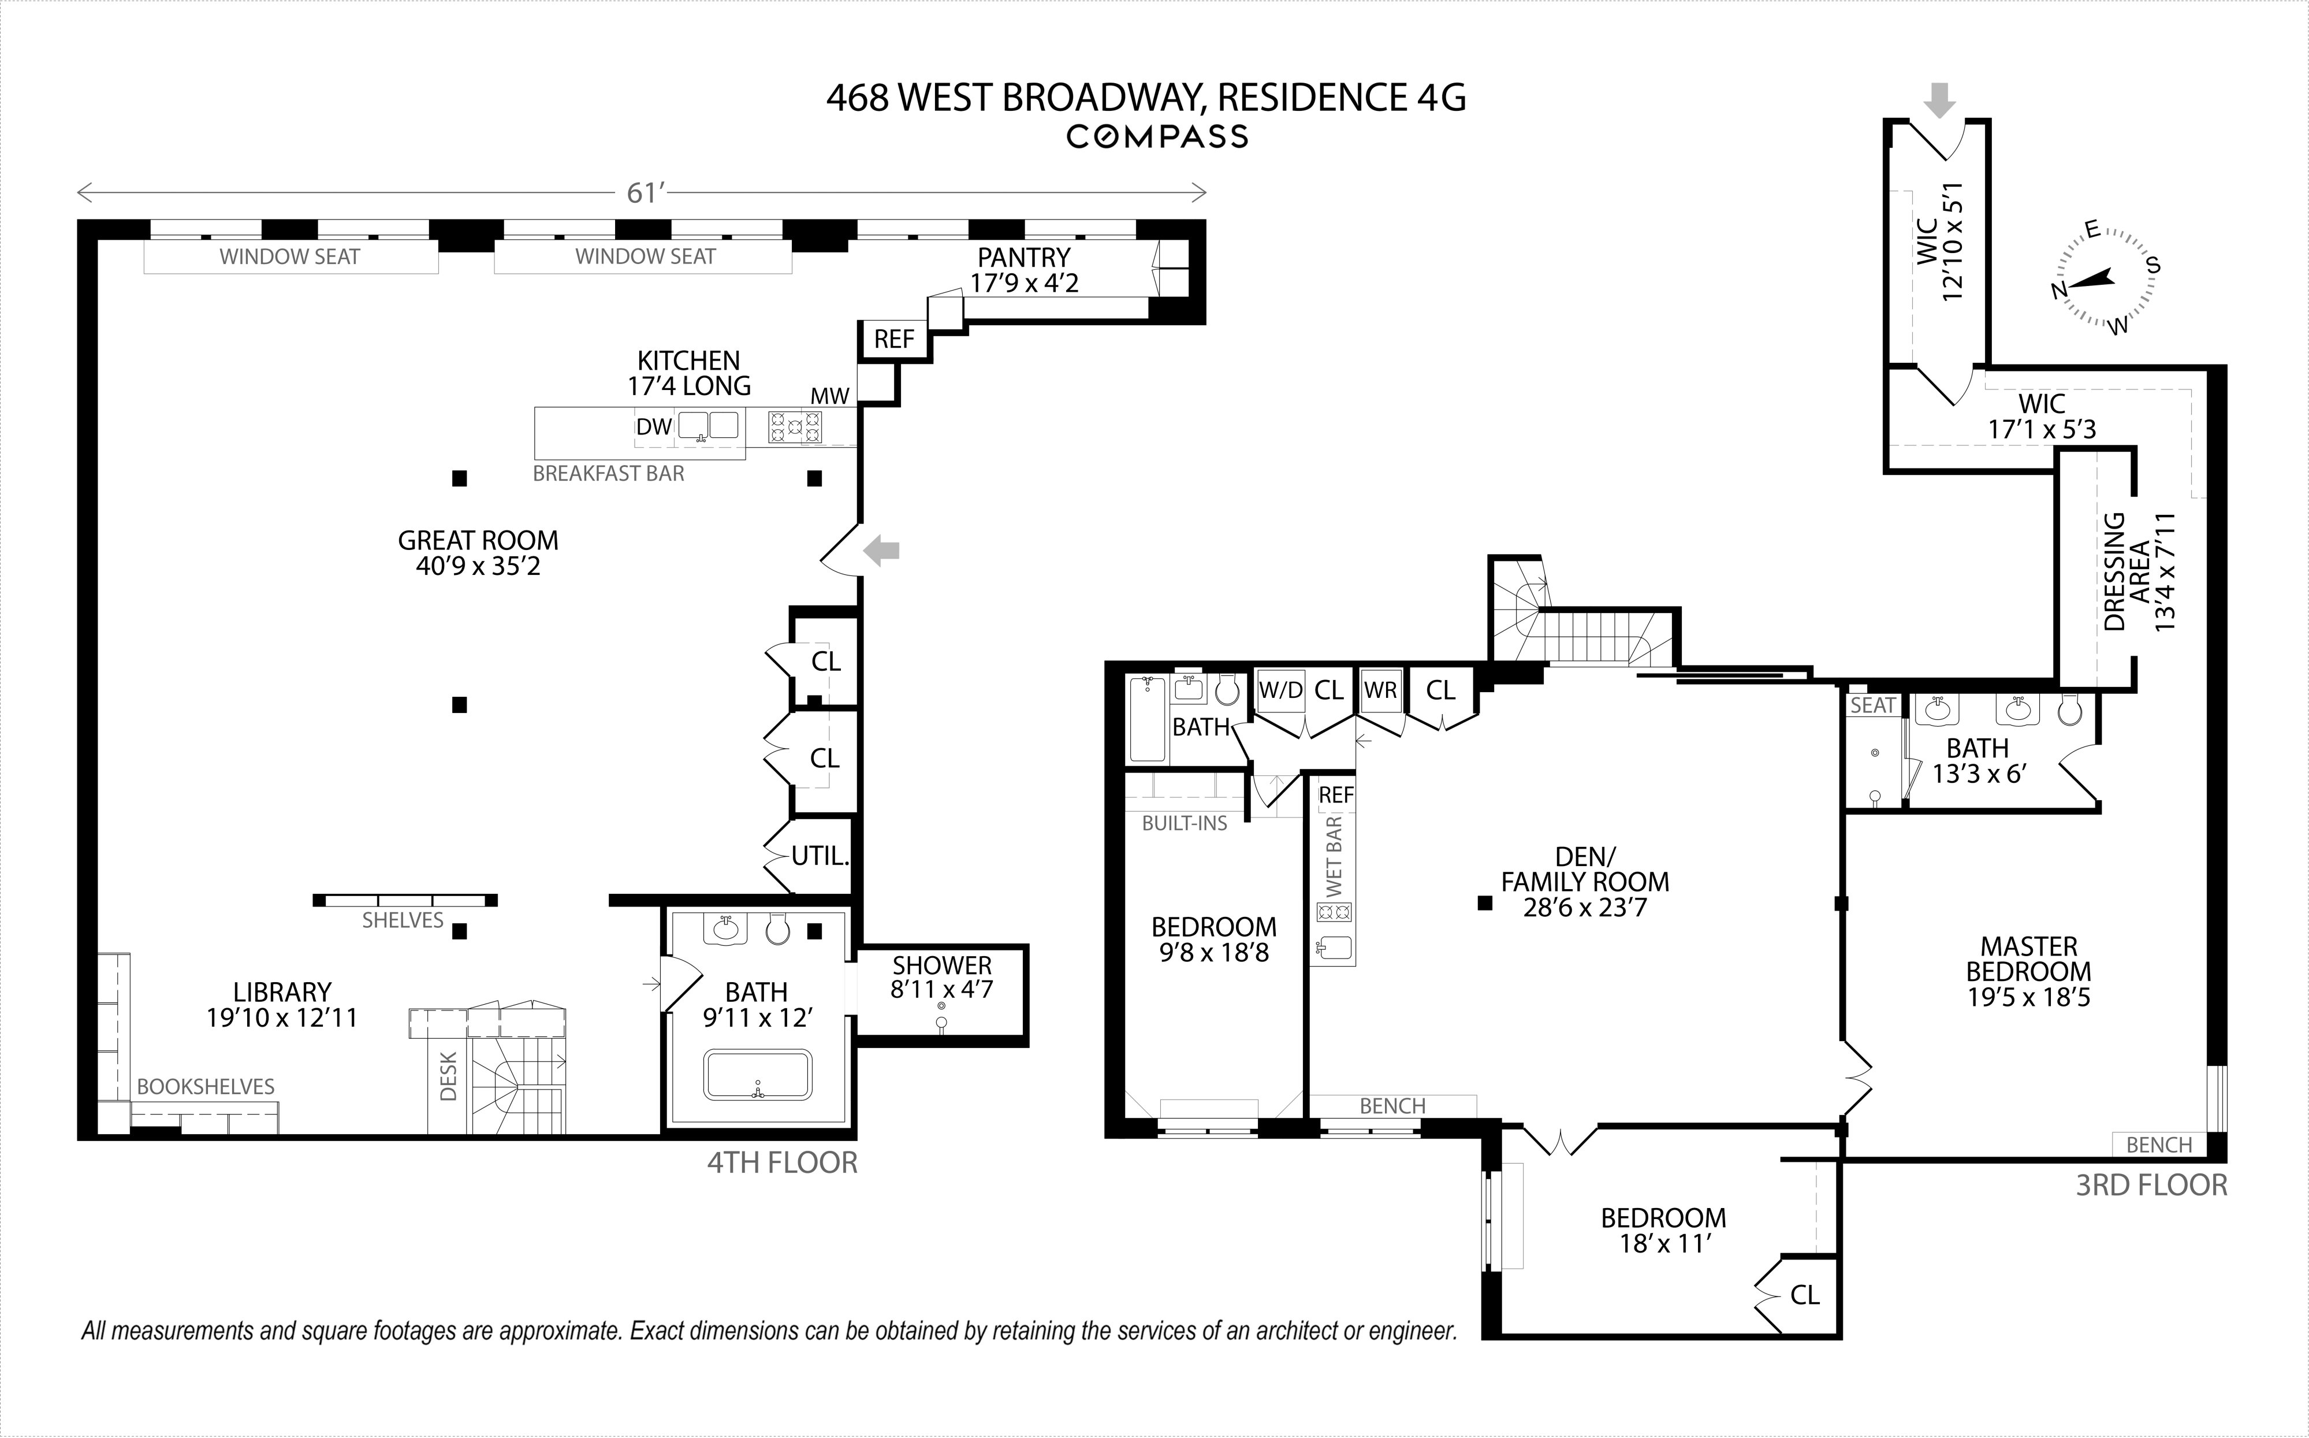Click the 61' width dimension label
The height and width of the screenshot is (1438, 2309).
[x=643, y=193]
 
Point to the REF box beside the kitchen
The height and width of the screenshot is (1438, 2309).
[x=893, y=340]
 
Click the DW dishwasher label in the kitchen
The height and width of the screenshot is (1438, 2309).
[x=654, y=427]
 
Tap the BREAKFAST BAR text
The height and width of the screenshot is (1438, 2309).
[x=608, y=474]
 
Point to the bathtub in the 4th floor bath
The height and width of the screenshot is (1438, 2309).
[x=758, y=1075]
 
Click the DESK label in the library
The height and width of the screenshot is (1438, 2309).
[x=449, y=1076]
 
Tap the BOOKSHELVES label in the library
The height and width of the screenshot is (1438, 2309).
[x=206, y=1087]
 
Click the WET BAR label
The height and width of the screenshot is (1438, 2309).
[x=1334, y=856]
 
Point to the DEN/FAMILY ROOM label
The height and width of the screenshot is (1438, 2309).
[x=1585, y=882]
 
